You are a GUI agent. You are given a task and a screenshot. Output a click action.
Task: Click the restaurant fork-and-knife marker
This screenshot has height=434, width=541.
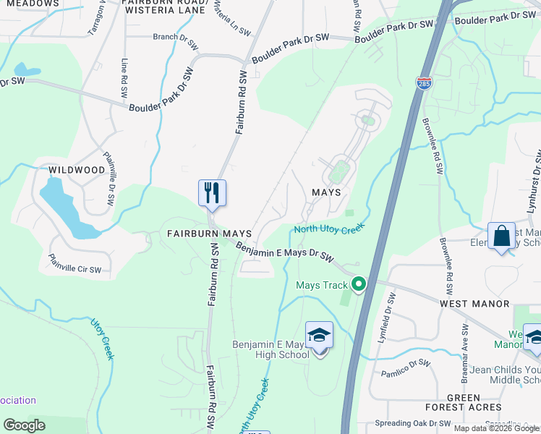(212, 193)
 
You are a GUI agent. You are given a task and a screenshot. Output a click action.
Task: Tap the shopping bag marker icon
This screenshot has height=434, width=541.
(501, 236)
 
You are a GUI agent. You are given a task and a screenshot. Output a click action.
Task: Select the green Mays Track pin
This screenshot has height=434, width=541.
(357, 284)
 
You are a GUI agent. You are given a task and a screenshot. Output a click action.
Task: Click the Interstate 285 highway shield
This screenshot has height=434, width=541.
(423, 84)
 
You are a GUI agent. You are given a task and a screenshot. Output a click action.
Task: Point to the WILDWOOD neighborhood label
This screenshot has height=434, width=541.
(77, 170)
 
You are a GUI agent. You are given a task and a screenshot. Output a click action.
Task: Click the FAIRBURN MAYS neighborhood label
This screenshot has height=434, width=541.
(209, 234)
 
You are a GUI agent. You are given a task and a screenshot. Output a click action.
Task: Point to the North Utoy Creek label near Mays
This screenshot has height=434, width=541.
(330, 229)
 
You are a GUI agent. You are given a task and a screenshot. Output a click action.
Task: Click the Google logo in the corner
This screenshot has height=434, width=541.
(25, 425)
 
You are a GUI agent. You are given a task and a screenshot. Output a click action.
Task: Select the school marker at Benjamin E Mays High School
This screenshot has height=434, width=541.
(319, 334)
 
